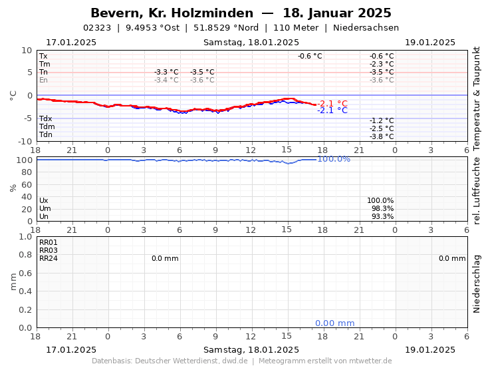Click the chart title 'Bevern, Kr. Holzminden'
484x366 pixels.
pyautogui.click(x=172, y=13)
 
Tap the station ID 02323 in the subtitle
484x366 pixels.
pyautogui.click(x=97, y=28)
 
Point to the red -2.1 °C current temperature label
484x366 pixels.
pyautogui.click(x=332, y=103)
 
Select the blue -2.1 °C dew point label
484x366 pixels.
pyautogui.click(x=332, y=110)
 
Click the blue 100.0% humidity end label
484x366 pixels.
pyautogui.click(x=334, y=159)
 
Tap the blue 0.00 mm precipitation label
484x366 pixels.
pyautogui.click(x=334, y=323)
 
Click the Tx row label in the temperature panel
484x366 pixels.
pyautogui.click(x=43, y=57)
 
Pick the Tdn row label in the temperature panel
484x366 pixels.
pyautogui.click(x=46, y=135)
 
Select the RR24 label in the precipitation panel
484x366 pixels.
pyautogui.click(x=49, y=258)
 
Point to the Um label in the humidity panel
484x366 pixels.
pyautogui.click(x=44, y=208)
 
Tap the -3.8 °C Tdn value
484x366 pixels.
pyautogui.click(x=382, y=136)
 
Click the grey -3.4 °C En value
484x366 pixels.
pyautogui.click(x=166, y=80)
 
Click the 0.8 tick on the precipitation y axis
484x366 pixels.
pyautogui.click(x=25, y=255)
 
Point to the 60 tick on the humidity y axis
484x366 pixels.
pyautogui.click(x=27, y=184)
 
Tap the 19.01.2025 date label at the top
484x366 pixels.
pyautogui.click(x=429, y=43)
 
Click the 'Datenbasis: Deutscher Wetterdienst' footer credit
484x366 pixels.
pyautogui.click(x=170, y=361)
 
